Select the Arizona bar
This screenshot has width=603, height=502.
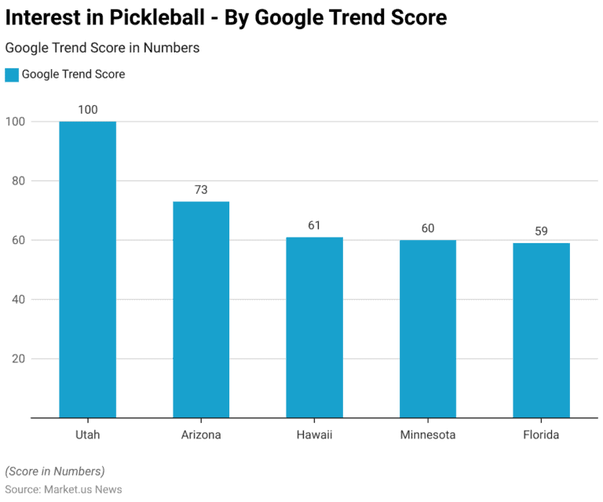pyautogui.click(x=201, y=309)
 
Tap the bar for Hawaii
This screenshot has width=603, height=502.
pyautogui.click(x=314, y=327)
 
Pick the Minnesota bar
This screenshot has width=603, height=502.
pyautogui.click(x=428, y=329)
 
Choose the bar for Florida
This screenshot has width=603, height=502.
pyautogui.click(x=541, y=330)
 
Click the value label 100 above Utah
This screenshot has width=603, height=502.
pyautogui.click(x=88, y=110)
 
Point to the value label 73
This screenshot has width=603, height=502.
pyautogui.click(x=201, y=190)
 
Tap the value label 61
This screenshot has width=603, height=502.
pyautogui.click(x=314, y=225)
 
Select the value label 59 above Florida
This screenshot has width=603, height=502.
pyautogui.click(x=541, y=231)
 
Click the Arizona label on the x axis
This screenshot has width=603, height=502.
pyautogui.click(x=201, y=435)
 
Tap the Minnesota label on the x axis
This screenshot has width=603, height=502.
pyautogui.click(x=428, y=435)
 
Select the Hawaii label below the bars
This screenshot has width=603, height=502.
pyautogui.click(x=314, y=435)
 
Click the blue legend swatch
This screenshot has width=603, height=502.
pyautogui.click(x=11, y=75)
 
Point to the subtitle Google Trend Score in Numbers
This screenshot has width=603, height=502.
pyautogui.click(x=102, y=48)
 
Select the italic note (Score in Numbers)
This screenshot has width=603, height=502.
pyautogui.click(x=55, y=471)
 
